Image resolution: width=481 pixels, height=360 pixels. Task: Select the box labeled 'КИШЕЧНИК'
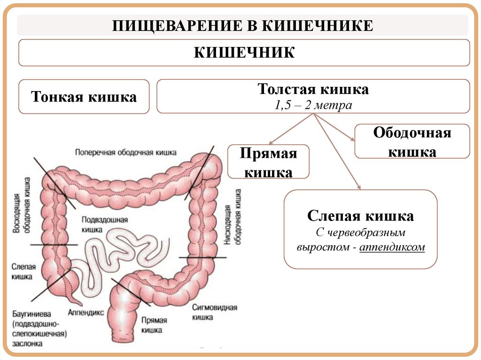(x=244, y=52)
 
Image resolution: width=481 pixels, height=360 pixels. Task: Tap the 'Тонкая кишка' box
(x=84, y=97)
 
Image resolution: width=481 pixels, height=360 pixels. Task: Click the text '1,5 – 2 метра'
(x=313, y=105)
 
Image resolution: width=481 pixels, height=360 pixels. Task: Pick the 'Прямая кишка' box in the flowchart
(x=268, y=161)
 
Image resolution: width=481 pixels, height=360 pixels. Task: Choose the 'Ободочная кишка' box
(x=412, y=141)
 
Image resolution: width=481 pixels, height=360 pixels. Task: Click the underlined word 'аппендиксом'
(x=392, y=247)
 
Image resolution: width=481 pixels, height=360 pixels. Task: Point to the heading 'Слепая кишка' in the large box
(x=360, y=216)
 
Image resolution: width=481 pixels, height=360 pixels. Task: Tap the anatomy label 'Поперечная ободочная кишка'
(x=125, y=152)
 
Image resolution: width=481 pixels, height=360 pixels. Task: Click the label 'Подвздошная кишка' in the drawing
(x=98, y=224)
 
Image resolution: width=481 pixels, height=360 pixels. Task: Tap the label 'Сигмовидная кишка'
(x=215, y=312)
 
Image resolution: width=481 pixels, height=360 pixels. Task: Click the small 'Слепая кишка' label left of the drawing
(x=22, y=272)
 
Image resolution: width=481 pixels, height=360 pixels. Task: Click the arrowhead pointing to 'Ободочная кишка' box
(x=352, y=138)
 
